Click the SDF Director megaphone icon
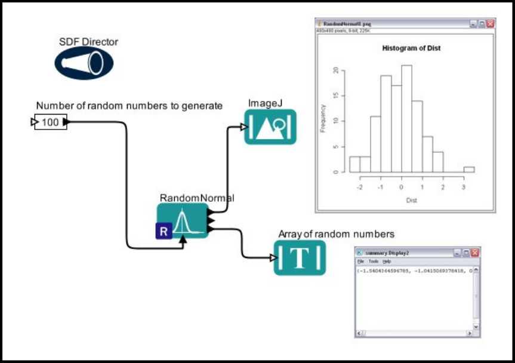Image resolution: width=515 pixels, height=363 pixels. click(x=84, y=63)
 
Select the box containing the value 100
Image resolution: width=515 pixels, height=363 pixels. click(x=50, y=122)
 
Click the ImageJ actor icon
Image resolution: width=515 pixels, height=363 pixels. click(x=270, y=127)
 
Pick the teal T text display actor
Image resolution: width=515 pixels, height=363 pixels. click(x=300, y=257)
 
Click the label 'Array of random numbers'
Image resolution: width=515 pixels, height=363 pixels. click(x=336, y=234)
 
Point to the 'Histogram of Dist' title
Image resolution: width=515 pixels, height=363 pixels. click(x=411, y=48)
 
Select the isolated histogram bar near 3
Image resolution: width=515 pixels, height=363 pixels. click(x=469, y=170)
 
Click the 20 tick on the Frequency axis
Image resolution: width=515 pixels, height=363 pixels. click(x=335, y=70)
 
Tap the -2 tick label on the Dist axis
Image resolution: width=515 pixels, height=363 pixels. click(x=359, y=186)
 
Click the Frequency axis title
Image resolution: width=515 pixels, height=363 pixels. click(x=323, y=118)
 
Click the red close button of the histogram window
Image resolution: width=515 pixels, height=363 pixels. click(x=490, y=23)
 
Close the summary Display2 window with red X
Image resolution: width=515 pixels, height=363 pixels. click(x=474, y=253)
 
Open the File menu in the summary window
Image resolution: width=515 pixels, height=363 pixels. click(x=360, y=262)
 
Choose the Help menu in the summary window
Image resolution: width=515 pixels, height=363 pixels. click(x=387, y=262)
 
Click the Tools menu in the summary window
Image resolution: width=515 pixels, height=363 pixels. click(x=373, y=262)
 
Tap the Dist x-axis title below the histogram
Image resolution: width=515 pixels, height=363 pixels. click(x=411, y=200)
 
